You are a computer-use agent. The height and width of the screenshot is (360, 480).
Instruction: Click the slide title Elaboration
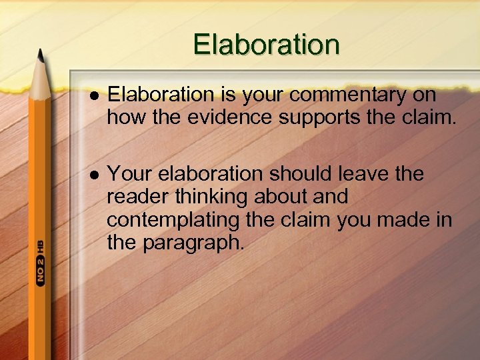(x=266, y=45)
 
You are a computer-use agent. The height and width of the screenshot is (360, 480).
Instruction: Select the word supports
(x=328, y=118)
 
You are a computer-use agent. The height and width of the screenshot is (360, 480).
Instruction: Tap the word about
(x=279, y=197)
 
